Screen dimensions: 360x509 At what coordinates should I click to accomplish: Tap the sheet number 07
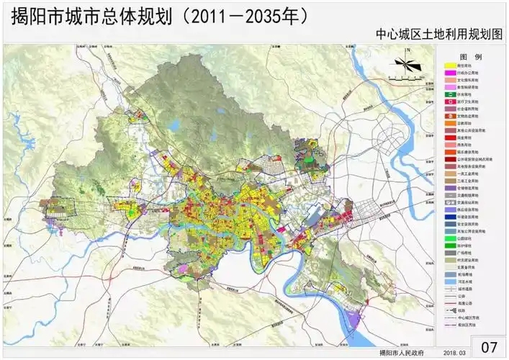point(489,346)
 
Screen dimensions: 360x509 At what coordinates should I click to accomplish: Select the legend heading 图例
point(472,56)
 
